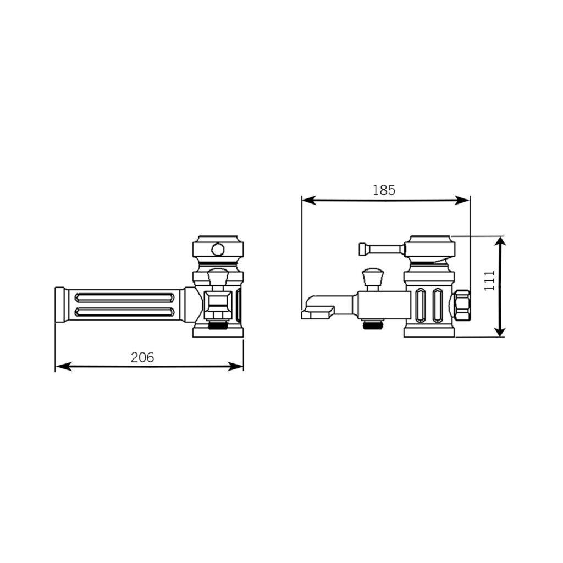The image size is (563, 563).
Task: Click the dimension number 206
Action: pos(142,357)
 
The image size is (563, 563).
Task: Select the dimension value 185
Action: pos(383,190)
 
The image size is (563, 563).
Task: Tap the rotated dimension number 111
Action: pos(489,280)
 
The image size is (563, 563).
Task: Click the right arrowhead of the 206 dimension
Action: pos(235,367)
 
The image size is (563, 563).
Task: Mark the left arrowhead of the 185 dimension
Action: pos(310,200)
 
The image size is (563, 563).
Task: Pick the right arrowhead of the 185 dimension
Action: pos(462,200)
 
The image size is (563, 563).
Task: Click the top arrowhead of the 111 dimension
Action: pos(500,244)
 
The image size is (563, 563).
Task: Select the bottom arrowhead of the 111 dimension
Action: pos(500,329)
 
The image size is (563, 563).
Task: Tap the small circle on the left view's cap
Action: pos(218,249)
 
